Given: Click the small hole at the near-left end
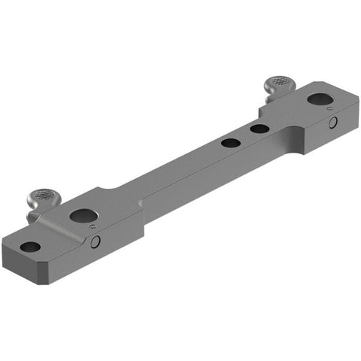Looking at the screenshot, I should pyautogui.click(x=30, y=247).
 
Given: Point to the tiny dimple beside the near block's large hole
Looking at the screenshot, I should pyautogui.click(x=92, y=226).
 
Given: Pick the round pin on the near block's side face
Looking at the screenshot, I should pyautogui.click(x=96, y=241).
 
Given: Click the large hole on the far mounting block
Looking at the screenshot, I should pyautogui.click(x=317, y=99).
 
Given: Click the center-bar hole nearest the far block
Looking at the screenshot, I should pyautogui.click(x=259, y=129).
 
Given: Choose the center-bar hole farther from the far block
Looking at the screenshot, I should pyautogui.click(x=231, y=142).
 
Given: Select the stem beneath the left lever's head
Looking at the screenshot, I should pyautogui.click(x=36, y=214).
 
